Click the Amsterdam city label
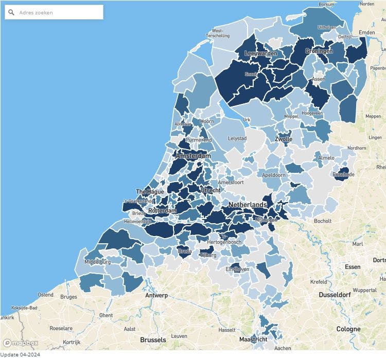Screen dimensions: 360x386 tap(194, 155)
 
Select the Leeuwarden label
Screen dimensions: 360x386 tap(261, 53)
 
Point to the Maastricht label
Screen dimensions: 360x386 tap(253, 339)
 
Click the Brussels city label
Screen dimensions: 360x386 tap(153, 340)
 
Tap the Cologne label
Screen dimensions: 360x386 tap(348, 329)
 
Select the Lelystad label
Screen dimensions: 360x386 tap(237, 139)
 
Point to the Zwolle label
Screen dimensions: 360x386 tap(284, 139)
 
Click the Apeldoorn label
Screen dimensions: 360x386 tap(274, 175)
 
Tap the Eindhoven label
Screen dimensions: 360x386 tap(238, 269)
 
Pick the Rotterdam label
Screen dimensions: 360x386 tap(162, 211)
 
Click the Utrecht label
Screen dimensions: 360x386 tap(210, 190)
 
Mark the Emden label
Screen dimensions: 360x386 tap(367, 32)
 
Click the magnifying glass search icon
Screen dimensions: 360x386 tap(11, 12)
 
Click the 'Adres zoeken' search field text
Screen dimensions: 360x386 tap(36, 12)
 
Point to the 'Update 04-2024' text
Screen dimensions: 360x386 tap(20, 355)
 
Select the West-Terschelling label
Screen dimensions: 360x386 tap(218, 33)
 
